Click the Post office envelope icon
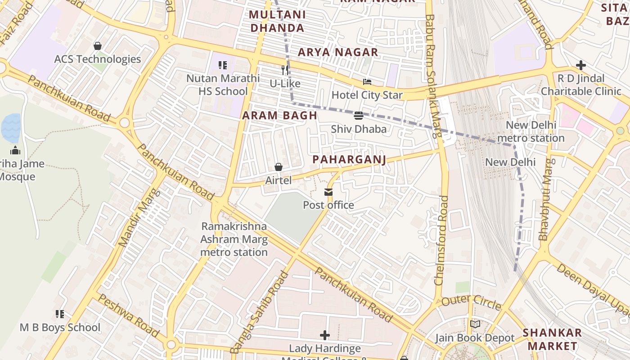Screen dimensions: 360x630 [328, 193]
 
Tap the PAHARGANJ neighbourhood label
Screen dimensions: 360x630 [349, 160]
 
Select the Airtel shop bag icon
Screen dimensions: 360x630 [279, 167]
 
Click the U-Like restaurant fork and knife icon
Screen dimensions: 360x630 [285, 70]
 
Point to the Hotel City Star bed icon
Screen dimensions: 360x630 [367, 82]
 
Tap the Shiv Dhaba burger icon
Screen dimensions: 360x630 [359, 116]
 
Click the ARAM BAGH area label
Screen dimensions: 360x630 [280, 116]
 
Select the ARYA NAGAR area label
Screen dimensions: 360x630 [338, 52]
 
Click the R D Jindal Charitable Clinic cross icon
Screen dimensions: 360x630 [581, 65]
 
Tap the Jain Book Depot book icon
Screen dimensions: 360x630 [475, 324]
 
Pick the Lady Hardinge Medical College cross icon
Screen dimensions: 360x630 [324, 335]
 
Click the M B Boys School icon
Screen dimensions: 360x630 [59, 314]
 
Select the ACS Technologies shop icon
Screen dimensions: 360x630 [97, 46]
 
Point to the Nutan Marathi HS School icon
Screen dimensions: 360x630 [223, 65]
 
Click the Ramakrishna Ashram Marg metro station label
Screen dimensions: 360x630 [234, 239]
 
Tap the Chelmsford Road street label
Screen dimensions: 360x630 [441, 240]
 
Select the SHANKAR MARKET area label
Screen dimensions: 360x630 [552, 339]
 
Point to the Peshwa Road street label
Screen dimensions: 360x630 [129, 315]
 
